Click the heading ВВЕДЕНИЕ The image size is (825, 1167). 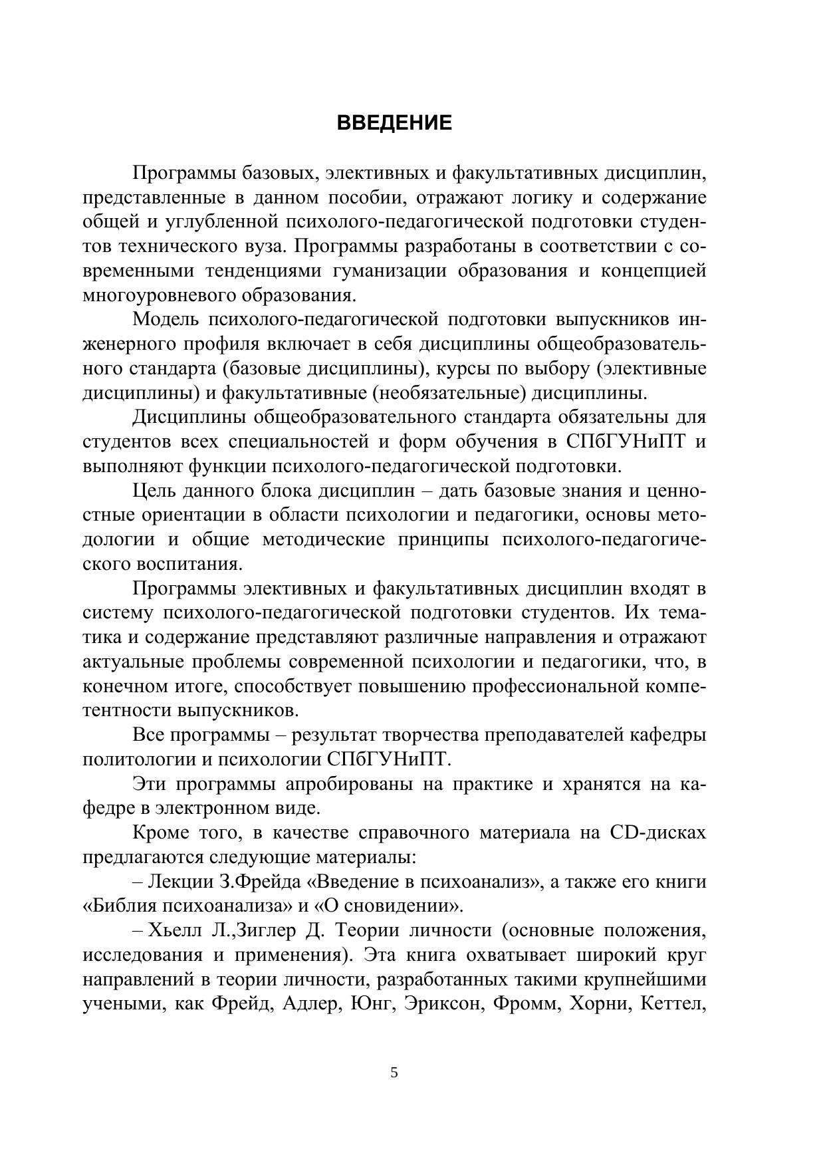(x=394, y=124)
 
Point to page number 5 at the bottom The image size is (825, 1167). (x=394, y=1073)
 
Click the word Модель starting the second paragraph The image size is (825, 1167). (x=166, y=320)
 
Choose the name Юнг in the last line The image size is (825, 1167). (x=366, y=1004)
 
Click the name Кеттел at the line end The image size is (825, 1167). (x=671, y=1004)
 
